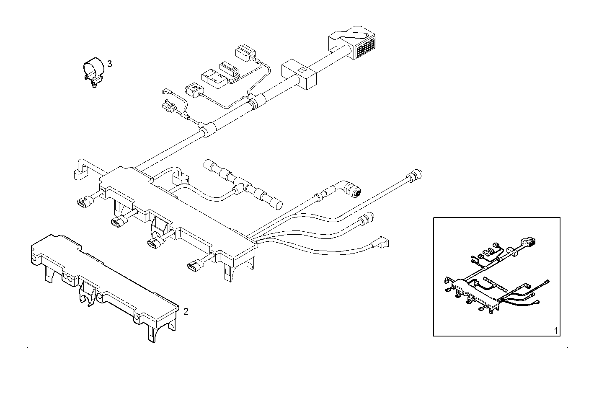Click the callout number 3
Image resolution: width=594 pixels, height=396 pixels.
[x=109, y=64]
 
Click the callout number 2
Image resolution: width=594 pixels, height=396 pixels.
[x=186, y=311]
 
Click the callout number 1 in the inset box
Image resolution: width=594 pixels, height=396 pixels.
[x=556, y=331]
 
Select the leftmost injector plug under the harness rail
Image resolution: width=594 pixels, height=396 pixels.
[x=84, y=202]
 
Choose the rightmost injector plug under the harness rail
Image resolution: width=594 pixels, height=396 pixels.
[x=194, y=266]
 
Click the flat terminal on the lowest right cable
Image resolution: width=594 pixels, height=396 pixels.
[x=383, y=241]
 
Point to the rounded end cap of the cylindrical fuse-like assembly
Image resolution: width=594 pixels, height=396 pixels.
[x=277, y=205]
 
